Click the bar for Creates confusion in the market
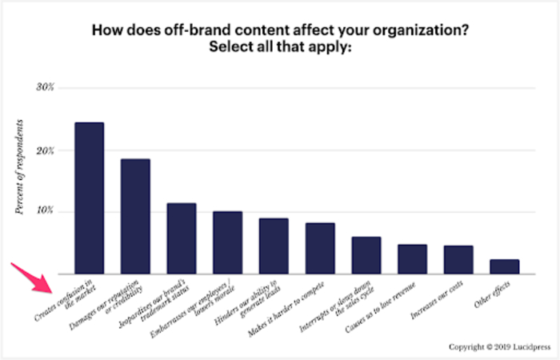89,198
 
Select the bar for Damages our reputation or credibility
135,216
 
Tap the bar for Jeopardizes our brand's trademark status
182,238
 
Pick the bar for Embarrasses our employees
227,242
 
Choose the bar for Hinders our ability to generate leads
274,246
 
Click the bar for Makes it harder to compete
320,248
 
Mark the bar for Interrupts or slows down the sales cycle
366,255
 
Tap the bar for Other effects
505,266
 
